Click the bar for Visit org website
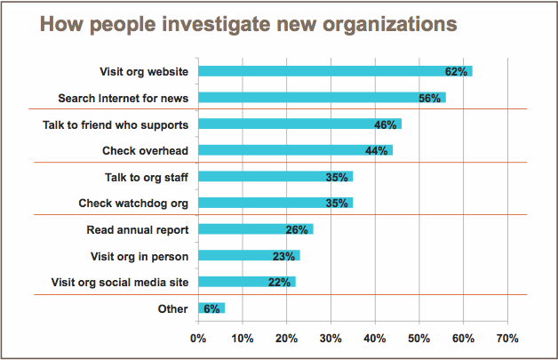click(x=335, y=71)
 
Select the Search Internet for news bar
click(x=322, y=97)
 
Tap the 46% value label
click(x=386, y=124)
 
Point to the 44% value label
click(x=377, y=150)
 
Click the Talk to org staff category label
click(x=147, y=177)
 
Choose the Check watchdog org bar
click(x=275, y=203)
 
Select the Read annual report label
click(x=138, y=230)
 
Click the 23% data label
click(x=283, y=256)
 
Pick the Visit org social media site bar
click(x=247, y=282)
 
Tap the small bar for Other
click(x=211, y=308)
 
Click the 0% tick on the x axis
click(x=198, y=338)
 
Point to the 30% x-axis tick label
click(x=331, y=338)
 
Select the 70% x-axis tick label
click(x=507, y=338)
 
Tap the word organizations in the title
click(x=390, y=25)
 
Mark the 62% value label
click(x=456, y=72)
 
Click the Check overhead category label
click(x=145, y=151)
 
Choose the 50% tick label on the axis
click(x=418, y=338)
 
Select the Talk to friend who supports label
click(x=116, y=125)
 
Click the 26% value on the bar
click(x=297, y=229)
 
